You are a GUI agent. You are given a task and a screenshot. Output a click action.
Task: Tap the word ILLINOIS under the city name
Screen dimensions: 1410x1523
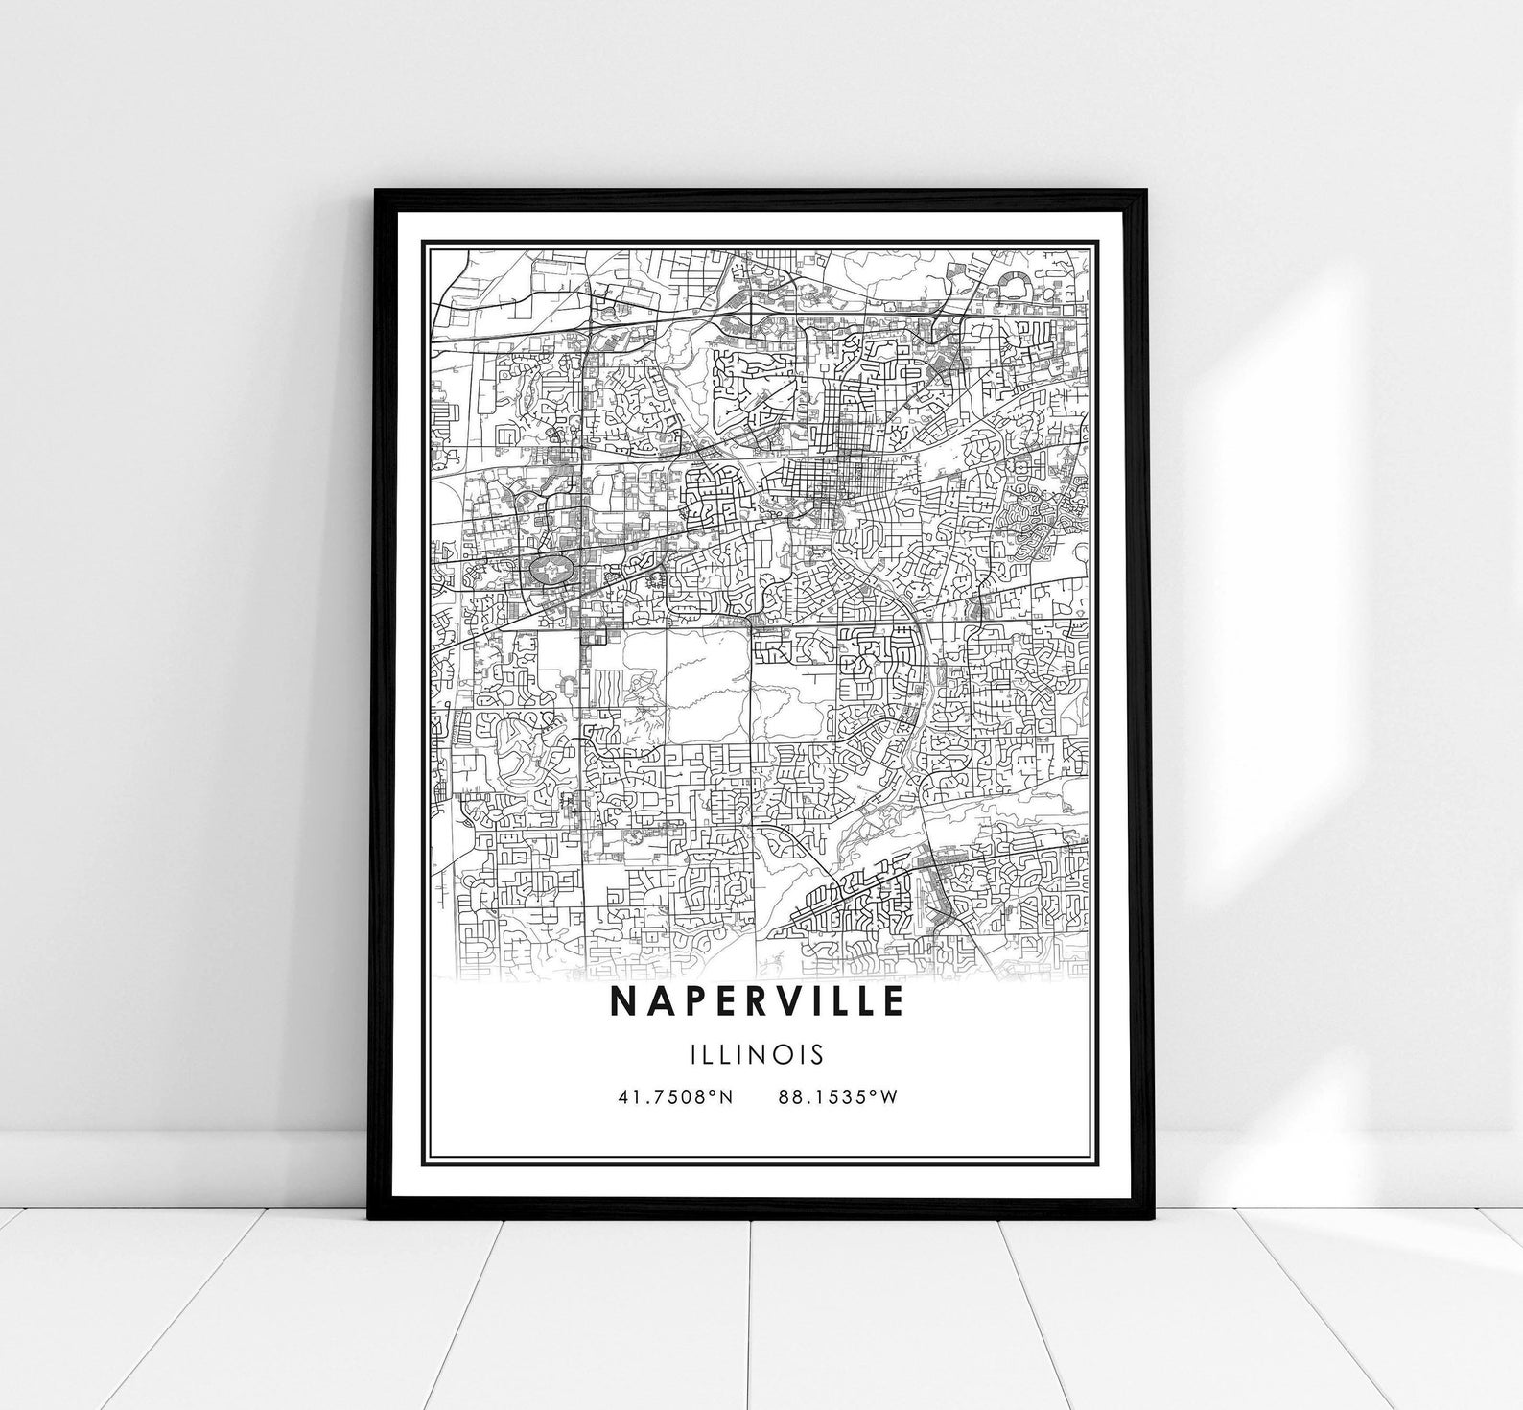point(757,1054)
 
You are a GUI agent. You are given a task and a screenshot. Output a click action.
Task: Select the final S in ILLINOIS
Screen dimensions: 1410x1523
point(817,1054)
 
